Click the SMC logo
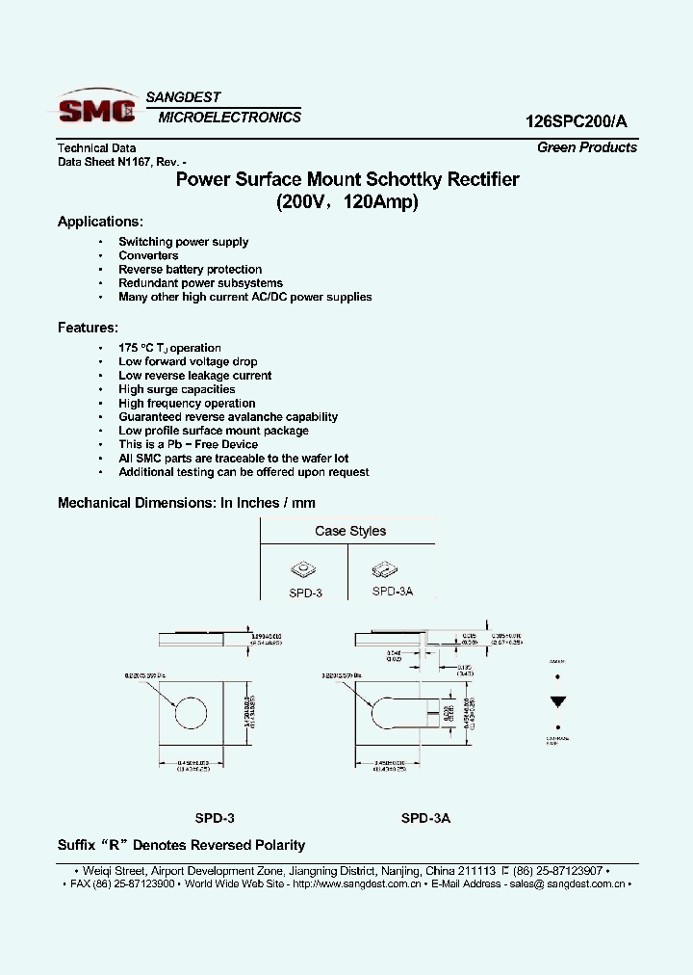[96, 109]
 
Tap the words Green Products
[586, 147]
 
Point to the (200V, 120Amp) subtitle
[347, 202]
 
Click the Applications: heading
[100, 222]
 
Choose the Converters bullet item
[148, 255]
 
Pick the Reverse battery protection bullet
[190, 270]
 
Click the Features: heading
[88, 328]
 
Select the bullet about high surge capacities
[176, 389]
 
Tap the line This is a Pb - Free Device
[188, 444]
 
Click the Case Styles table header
[350, 531]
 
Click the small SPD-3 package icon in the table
[304, 569]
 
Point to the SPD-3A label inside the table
[392, 592]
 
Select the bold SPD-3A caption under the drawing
[425, 818]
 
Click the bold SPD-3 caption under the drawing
[215, 818]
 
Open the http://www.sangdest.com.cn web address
[356, 883]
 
